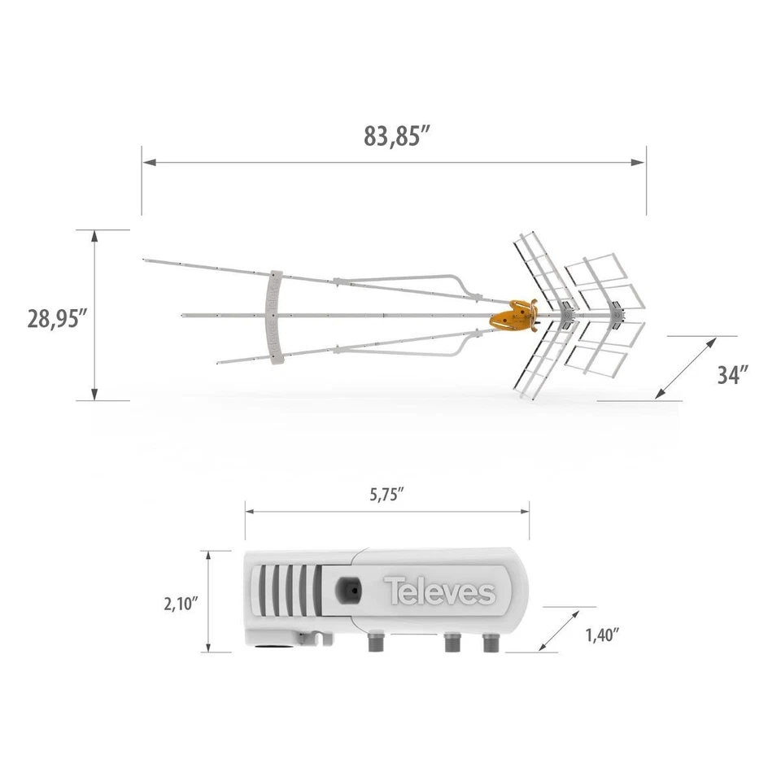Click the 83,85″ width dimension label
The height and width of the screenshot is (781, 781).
(x=396, y=136)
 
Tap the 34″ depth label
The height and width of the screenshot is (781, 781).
(x=732, y=374)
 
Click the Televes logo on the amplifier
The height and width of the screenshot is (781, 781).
(x=439, y=591)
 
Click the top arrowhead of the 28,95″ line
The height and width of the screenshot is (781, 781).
(x=95, y=236)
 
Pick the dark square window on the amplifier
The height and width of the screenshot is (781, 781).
(x=350, y=587)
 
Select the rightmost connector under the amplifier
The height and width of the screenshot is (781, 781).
(x=490, y=643)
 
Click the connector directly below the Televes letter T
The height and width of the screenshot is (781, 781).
(x=376, y=643)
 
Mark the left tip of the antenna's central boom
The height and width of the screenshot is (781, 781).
(x=181, y=314)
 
